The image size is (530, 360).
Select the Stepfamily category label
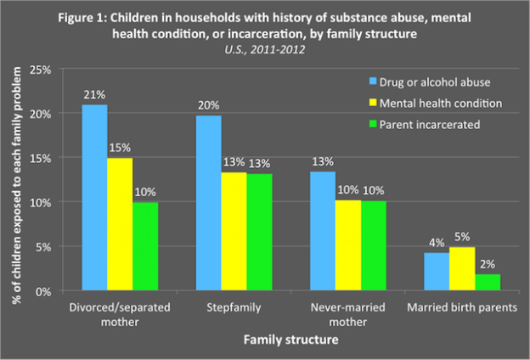[x=212, y=307]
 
